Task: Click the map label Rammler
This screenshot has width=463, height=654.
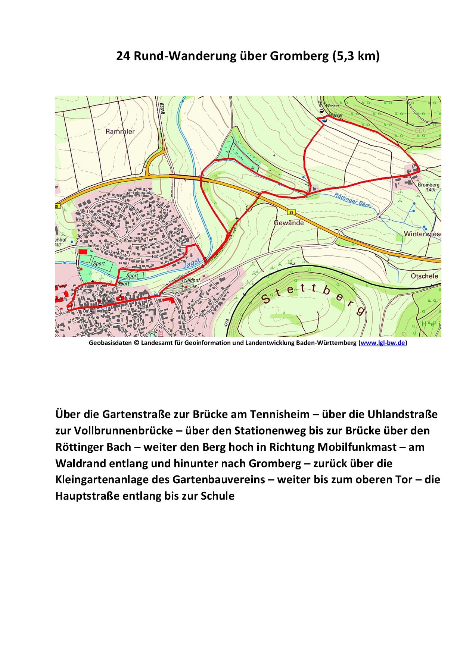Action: point(120,131)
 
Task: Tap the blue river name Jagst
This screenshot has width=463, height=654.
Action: point(192,263)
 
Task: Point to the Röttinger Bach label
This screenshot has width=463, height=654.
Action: point(352,200)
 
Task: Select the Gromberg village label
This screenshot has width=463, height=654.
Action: point(428,185)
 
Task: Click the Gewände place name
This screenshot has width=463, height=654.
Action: point(289,223)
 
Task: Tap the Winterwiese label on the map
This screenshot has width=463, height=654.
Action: point(422,234)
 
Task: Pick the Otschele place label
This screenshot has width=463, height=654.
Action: point(424,276)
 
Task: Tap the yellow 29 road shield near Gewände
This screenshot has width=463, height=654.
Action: point(292,212)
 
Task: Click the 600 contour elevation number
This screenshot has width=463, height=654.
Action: point(420,131)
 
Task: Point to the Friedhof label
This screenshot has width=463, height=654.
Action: point(192,280)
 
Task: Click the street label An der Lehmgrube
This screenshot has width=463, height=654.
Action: point(136,194)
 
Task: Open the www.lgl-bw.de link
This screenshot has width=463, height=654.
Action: point(383,343)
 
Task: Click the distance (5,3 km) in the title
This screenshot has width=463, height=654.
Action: point(355,56)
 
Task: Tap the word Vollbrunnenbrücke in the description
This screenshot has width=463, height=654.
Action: point(123,431)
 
